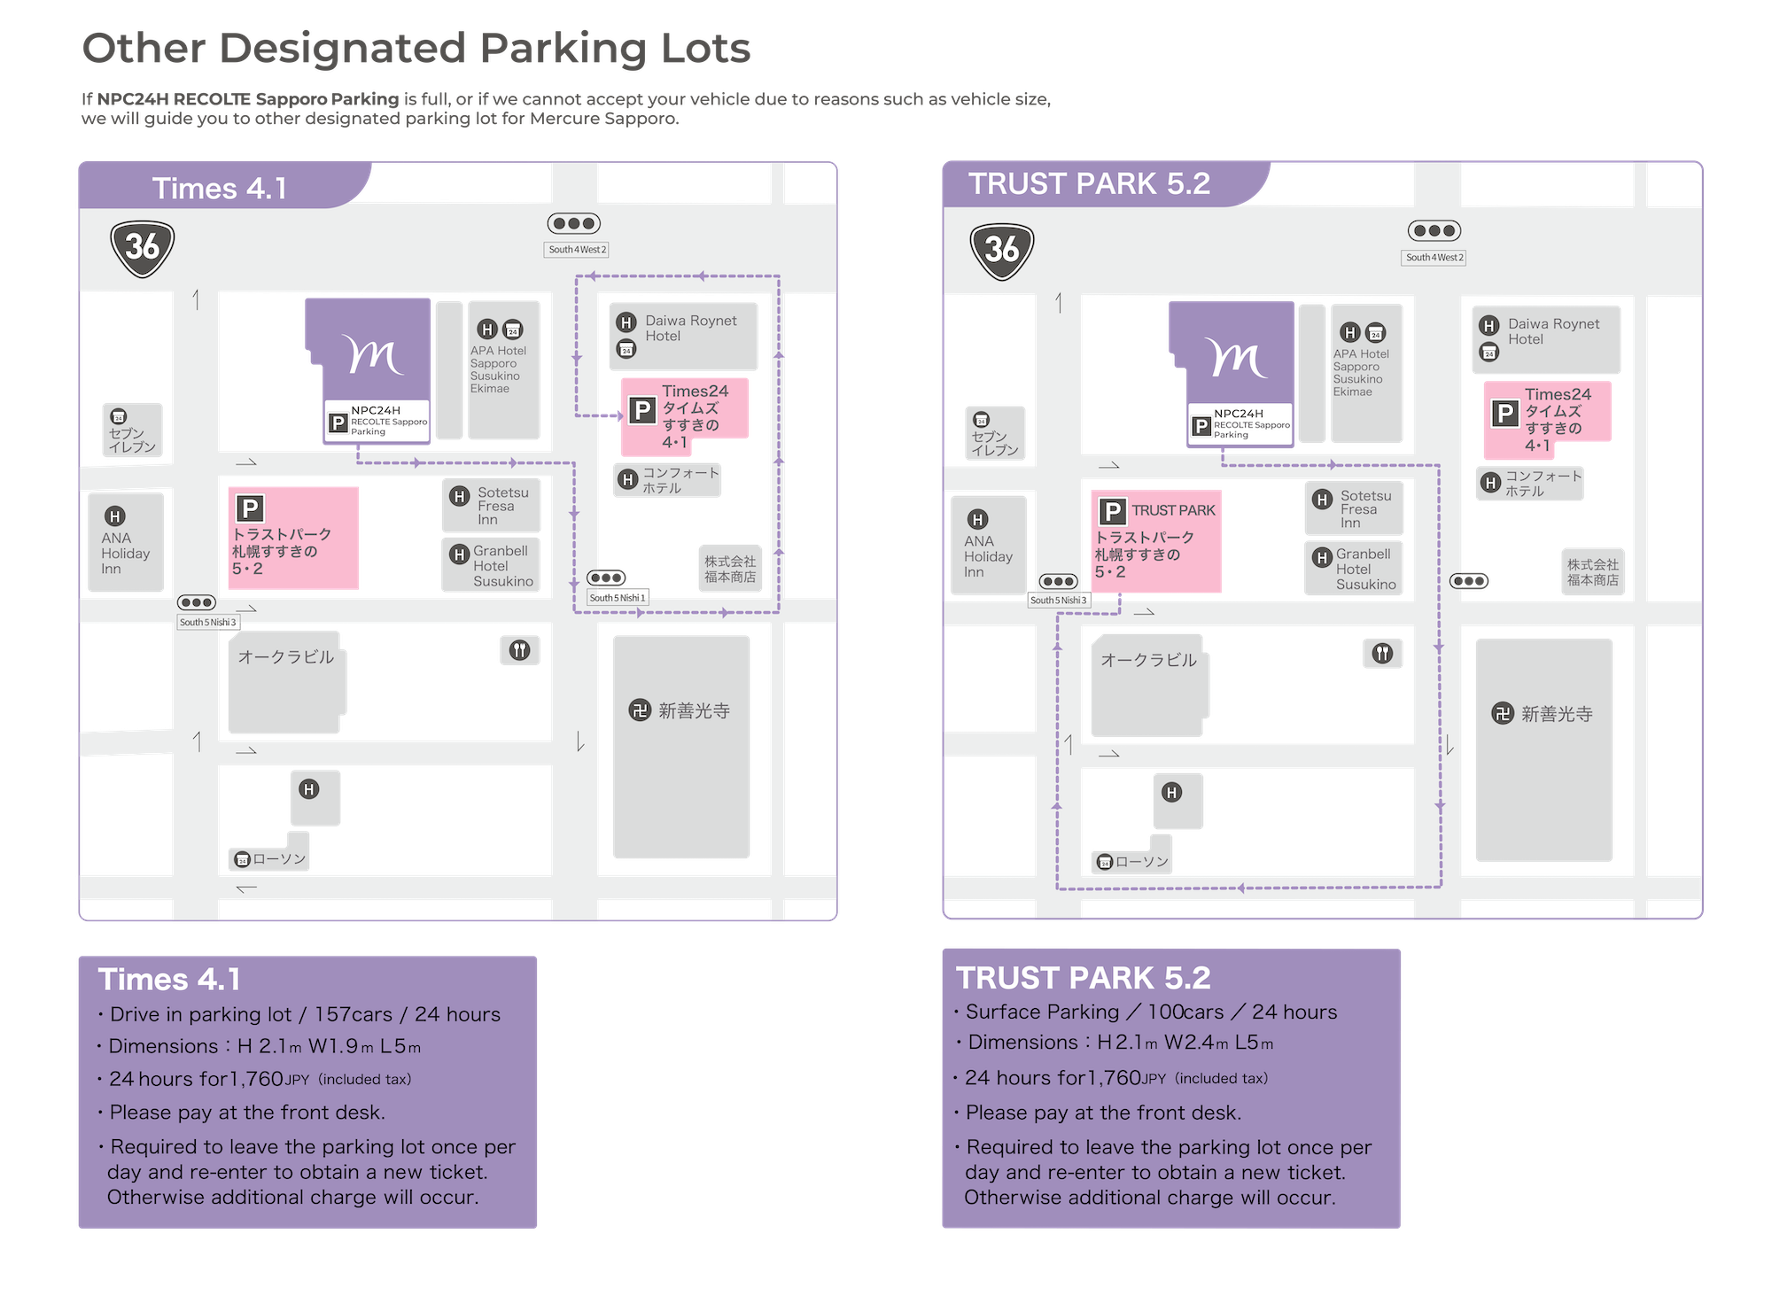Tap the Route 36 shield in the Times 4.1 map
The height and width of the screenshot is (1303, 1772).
(142, 246)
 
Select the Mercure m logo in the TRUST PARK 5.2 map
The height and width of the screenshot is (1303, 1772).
(1236, 359)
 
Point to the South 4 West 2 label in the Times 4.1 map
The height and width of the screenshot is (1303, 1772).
(577, 250)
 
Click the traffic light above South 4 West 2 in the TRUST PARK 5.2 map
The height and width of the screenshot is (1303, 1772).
(1434, 231)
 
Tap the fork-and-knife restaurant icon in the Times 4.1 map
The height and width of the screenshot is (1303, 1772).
(519, 651)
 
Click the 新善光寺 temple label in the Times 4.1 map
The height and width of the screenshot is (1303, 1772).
(694, 711)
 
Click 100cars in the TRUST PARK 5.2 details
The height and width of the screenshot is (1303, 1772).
(1185, 1012)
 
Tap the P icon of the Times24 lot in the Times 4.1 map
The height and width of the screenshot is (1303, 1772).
(641, 410)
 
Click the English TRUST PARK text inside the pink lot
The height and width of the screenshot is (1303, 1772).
(1173, 511)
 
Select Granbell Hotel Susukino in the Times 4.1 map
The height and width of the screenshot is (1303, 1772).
(502, 566)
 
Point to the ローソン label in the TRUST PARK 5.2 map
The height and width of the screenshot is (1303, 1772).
(1141, 862)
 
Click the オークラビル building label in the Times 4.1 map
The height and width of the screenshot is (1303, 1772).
(285, 657)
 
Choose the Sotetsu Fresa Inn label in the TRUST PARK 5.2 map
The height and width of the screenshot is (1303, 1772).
(1364, 509)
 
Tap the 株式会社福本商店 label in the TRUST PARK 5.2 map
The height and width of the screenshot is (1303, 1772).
(1592, 572)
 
